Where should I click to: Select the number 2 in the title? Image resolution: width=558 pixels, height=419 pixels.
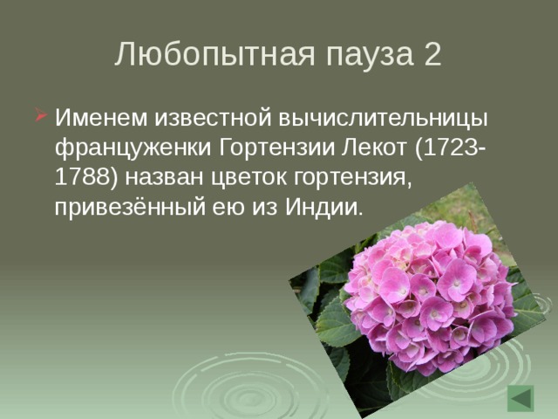click(x=431, y=54)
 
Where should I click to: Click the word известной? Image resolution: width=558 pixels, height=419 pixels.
click(x=194, y=117)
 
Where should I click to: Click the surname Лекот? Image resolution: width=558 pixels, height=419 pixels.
click(x=369, y=148)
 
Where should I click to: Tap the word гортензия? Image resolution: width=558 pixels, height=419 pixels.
click(x=349, y=178)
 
